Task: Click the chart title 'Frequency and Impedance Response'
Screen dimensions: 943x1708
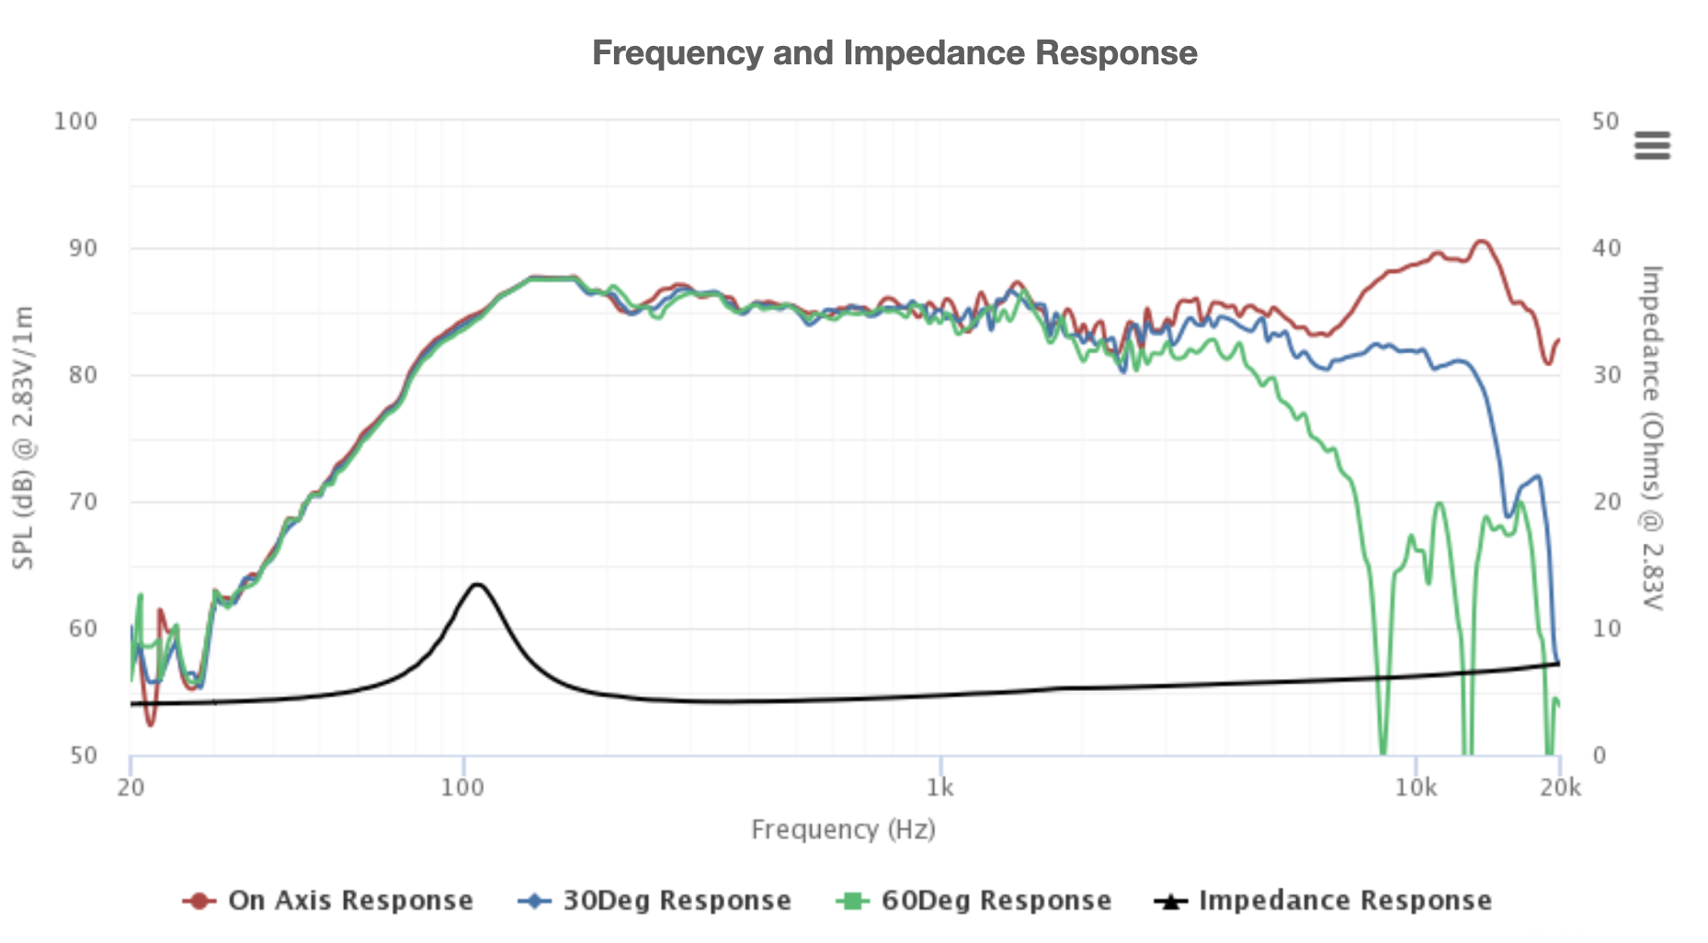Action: [x=894, y=53]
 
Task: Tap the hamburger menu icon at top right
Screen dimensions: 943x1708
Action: [x=1651, y=145]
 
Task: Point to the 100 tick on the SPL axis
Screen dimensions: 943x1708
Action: [x=75, y=121]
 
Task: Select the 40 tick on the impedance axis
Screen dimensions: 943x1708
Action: [x=1606, y=248]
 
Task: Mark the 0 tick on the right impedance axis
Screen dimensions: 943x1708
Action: [x=1600, y=756]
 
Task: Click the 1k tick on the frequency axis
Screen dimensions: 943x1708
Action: [x=939, y=788]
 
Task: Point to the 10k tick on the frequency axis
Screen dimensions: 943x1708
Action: [x=1416, y=788]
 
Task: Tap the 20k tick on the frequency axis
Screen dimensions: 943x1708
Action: [x=1560, y=788]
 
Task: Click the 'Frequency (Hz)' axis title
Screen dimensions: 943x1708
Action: [x=843, y=830]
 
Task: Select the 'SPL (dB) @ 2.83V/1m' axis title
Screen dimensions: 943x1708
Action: [x=24, y=437]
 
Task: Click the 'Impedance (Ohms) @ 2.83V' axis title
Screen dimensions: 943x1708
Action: [x=1652, y=437]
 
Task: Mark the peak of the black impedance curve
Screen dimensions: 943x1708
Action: [x=477, y=585]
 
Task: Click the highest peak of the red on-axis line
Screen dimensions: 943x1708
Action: [x=1481, y=242]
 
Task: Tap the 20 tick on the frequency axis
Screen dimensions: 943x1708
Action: [x=131, y=788]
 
